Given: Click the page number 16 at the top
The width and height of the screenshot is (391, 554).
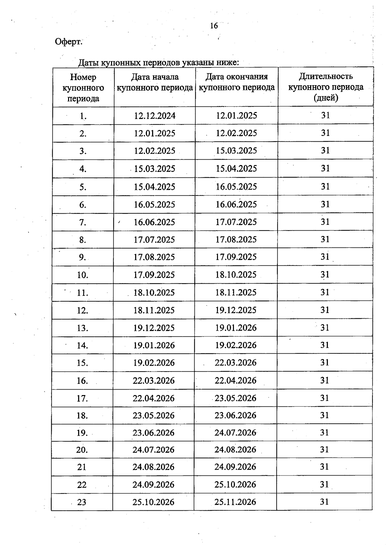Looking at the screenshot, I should [214, 26].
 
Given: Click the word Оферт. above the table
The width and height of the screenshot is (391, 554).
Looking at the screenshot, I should [68, 42].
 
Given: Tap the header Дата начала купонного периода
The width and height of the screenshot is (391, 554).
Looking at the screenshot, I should [155, 82].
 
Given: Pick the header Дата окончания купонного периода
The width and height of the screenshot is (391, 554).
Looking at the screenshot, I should [237, 82].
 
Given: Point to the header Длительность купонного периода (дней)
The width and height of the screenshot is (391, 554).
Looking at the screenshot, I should [326, 87].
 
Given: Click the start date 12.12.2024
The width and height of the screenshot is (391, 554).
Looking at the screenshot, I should [155, 116].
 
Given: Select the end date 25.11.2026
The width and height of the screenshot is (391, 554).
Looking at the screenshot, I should [235, 502].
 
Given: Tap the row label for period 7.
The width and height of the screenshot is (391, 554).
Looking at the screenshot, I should [83, 222].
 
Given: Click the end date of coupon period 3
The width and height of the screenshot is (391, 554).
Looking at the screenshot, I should [237, 151].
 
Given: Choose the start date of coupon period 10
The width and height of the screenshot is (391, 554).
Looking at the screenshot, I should [154, 275].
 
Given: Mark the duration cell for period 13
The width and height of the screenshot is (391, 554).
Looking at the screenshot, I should [325, 328].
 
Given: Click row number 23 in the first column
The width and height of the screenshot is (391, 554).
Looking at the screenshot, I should [82, 502].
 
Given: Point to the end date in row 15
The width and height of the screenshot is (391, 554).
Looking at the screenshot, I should [236, 363].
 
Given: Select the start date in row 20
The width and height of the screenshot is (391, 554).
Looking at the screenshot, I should [153, 450].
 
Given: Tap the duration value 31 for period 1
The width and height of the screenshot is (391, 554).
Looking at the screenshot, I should [326, 115].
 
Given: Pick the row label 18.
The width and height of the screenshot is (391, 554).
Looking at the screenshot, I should [82, 416].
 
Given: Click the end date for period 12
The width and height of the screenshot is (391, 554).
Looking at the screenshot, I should [236, 310].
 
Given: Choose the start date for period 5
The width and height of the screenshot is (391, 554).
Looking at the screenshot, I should [154, 187].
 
